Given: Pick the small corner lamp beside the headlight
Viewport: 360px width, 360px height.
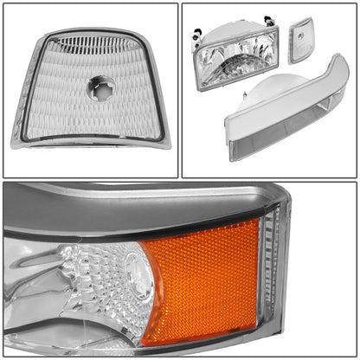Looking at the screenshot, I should [x=300, y=40].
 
